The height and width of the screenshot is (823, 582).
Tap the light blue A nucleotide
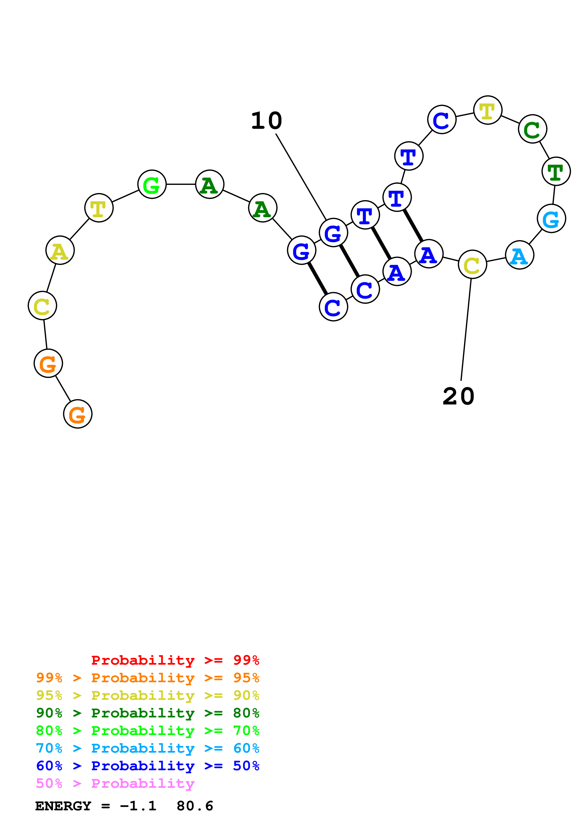point(519,255)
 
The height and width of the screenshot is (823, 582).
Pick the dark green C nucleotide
point(532,129)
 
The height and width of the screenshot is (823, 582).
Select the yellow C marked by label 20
point(472,265)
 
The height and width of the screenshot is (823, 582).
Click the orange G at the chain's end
point(78,414)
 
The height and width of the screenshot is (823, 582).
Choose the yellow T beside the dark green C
point(487,110)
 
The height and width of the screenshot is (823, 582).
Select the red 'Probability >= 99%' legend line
point(175,660)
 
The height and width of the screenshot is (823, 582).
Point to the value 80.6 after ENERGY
point(195,806)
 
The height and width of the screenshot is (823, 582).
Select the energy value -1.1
point(138,806)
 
